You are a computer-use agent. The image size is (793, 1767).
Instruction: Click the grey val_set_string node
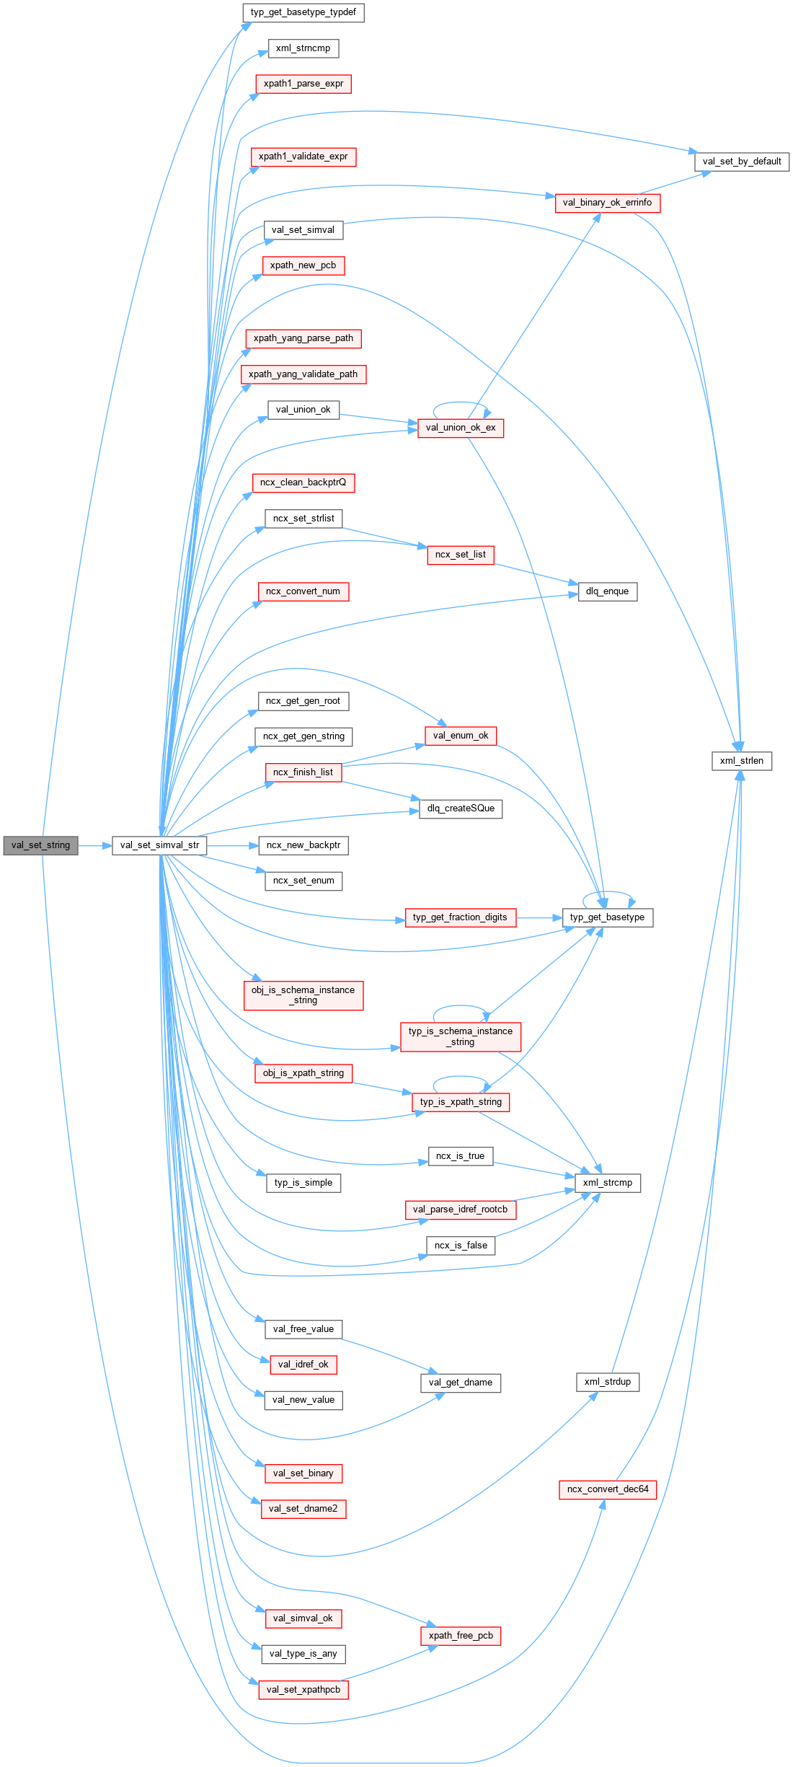[x=40, y=845]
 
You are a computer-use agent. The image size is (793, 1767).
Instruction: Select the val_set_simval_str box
[x=159, y=845]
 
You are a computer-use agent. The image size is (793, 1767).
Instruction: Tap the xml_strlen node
[x=741, y=761]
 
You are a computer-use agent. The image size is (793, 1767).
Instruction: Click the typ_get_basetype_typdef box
[x=303, y=12]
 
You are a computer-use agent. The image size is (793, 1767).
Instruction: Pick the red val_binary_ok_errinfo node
[x=607, y=203]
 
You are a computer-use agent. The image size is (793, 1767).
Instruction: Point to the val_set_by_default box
[x=741, y=162]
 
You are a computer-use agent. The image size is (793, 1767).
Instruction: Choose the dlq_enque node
[x=607, y=591]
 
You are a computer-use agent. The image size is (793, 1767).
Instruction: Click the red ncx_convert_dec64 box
[x=607, y=1489]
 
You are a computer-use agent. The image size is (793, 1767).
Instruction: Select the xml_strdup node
[x=607, y=1382]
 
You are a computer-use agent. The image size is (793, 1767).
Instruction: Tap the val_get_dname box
[x=460, y=1383]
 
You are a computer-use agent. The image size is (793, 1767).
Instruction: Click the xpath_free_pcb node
[x=460, y=1636]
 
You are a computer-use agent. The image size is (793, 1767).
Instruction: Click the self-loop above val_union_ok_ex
[x=461, y=403]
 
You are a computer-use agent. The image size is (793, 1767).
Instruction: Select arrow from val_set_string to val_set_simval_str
[x=94, y=845]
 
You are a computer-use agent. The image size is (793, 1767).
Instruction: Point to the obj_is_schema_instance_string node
[x=303, y=995]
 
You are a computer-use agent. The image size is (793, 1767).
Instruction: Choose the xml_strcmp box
[x=607, y=1183]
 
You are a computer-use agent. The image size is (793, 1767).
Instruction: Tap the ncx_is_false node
[x=460, y=1246]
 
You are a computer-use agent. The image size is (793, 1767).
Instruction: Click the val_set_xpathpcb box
[x=303, y=1690]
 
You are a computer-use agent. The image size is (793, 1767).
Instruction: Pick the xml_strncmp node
[x=303, y=48]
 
